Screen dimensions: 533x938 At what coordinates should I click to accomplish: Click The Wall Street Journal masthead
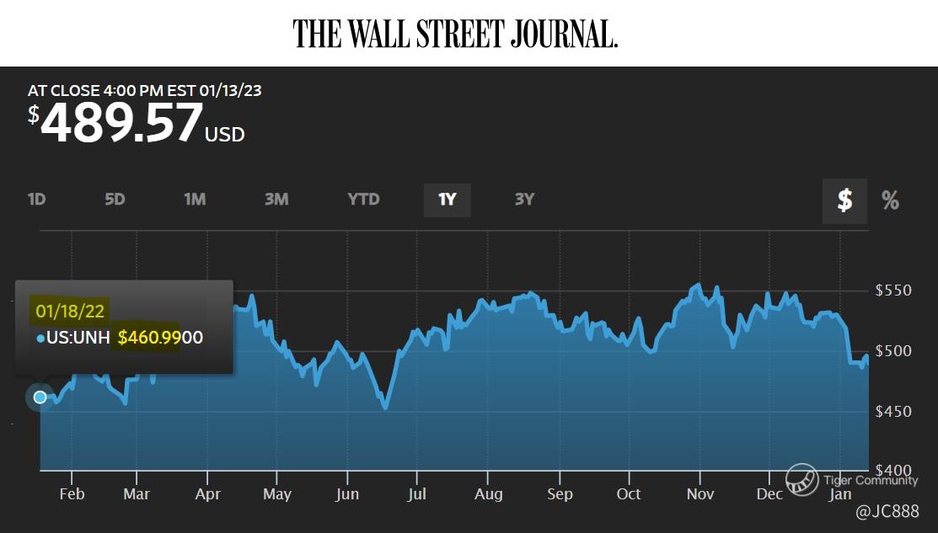coord(455,33)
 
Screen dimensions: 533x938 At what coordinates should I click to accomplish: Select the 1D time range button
coord(36,200)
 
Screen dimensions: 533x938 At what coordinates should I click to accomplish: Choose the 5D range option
coord(115,200)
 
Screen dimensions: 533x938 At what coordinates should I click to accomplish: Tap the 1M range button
coord(195,200)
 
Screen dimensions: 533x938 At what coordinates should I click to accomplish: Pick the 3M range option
coord(276,200)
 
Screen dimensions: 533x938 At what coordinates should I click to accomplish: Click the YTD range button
coord(363,200)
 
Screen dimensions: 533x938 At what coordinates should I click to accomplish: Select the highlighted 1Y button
coord(447,200)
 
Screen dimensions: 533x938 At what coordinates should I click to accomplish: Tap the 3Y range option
coord(524,200)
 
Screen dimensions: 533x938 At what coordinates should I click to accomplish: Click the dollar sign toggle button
coord(844,200)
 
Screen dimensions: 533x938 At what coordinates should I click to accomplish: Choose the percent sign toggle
coord(890,200)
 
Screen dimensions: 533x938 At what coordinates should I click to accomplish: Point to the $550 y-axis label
coord(893,291)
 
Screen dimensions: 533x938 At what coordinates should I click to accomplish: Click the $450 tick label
coord(893,412)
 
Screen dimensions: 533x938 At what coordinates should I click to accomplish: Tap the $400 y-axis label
coord(893,470)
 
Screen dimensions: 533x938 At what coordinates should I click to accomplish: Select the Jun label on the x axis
coord(347,494)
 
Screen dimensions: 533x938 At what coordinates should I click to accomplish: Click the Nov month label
coord(699,494)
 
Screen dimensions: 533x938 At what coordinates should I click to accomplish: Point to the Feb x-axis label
coord(72,494)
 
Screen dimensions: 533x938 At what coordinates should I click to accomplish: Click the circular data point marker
coord(40,397)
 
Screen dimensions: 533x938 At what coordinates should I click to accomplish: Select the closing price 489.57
coord(121,123)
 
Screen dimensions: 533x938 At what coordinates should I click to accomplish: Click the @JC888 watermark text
coord(887,511)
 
